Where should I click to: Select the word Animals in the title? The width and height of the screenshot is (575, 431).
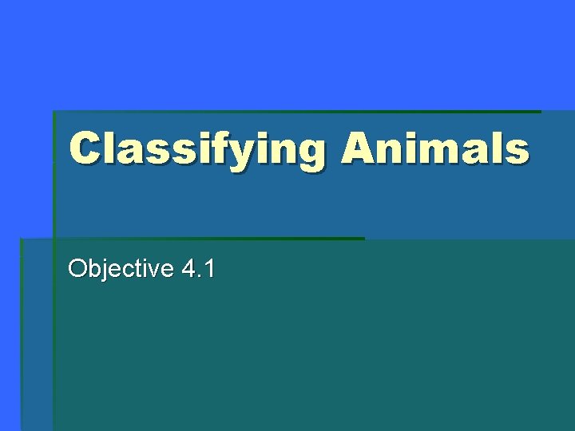pyautogui.click(x=435, y=148)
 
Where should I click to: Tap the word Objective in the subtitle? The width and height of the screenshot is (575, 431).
pyautogui.click(x=121, y=269)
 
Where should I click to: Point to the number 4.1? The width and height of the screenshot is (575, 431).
pyautogui.click(x=198, y=269)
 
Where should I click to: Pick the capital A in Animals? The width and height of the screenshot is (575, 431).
pyautogui.click(x=359, y=148)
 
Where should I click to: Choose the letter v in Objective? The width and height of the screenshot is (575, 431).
pyautogui.click(x=153, y=271)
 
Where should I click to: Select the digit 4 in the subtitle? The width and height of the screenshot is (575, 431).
pyautogui.click(x=188, y=269)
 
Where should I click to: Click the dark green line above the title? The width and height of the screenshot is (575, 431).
pyautogui.click(x=296, y=112)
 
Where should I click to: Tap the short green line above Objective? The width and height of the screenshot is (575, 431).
pyautogui.click(x=192, y=239)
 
